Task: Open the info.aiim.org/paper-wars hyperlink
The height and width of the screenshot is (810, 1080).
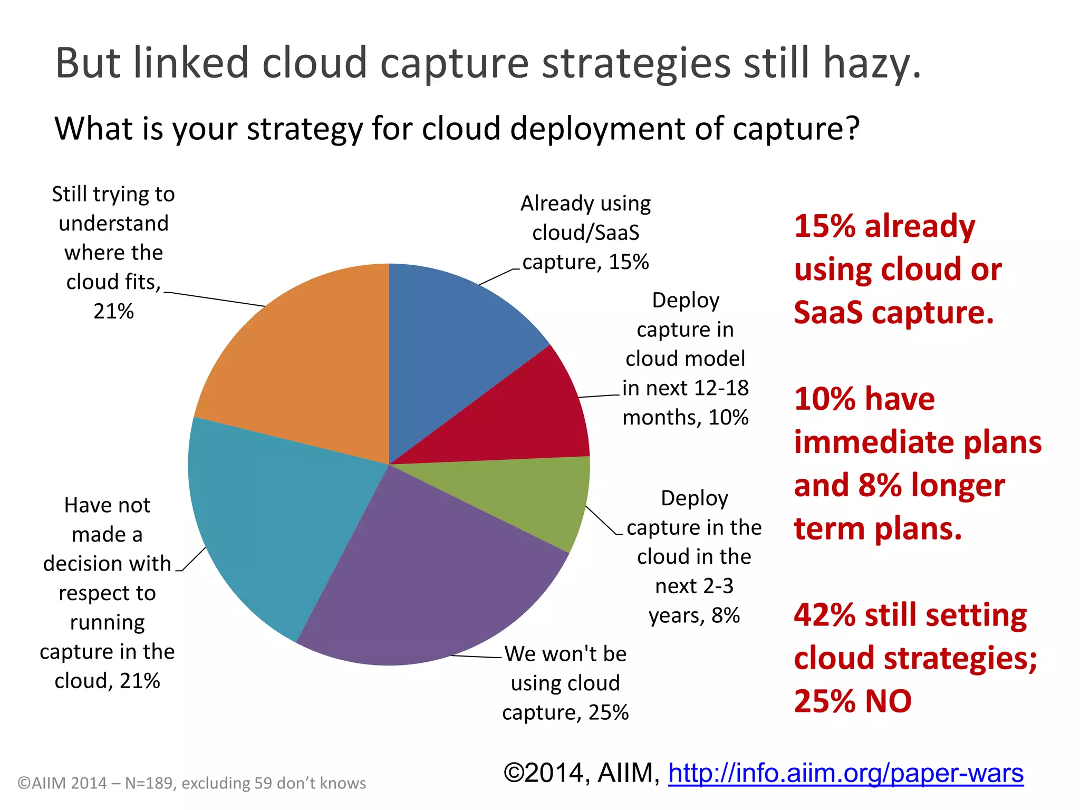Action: pos(845,774)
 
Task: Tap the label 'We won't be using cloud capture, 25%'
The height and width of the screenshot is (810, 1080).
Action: pos(565,683)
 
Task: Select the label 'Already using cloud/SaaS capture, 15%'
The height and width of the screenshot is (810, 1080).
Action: pos(585,233)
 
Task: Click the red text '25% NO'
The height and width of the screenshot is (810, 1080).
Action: pos(853,701)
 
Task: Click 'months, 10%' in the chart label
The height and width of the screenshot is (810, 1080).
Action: pos(685,418)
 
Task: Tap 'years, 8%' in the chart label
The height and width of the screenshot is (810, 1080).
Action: pos(694,615)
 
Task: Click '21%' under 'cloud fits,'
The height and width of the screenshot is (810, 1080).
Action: pos(113,311)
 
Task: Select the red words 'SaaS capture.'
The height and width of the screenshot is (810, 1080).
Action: pos(893,313)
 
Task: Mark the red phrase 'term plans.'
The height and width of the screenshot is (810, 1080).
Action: pos(877,529)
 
